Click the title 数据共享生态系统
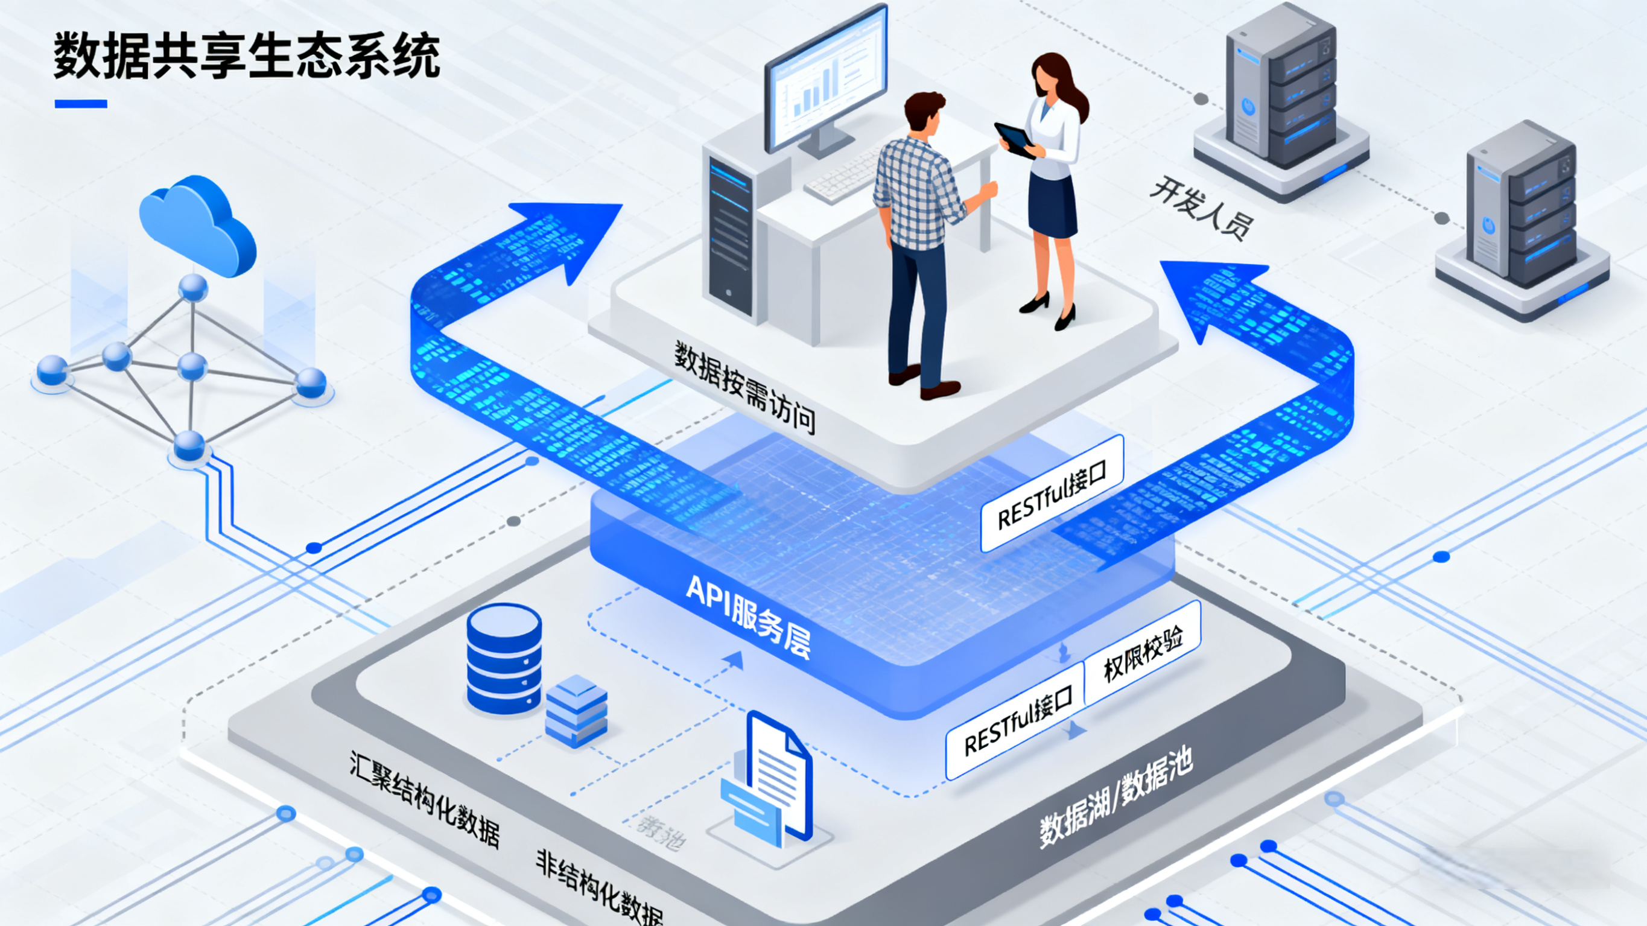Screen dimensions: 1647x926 pyautogui.click(x=247, y=56)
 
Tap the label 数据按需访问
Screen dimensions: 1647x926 pyautogui.click(x=745, y=387)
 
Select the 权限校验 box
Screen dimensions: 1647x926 pyautogui.click(x=1143, y=652)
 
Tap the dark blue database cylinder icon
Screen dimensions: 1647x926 pyautogui.click(x=504, y=659)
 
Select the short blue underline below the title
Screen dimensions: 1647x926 pyautogui.click(x=81, y=104)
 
